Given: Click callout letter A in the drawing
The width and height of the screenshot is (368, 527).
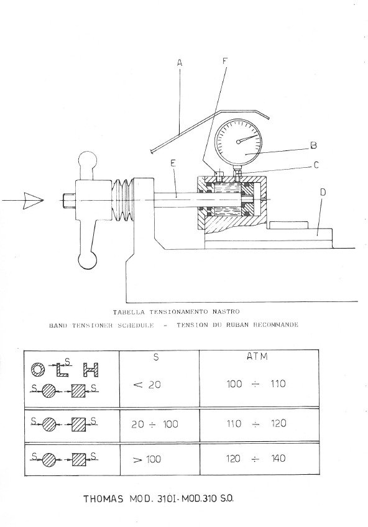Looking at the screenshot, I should click(x=178, y=63).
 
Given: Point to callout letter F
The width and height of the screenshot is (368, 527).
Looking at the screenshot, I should click(x=225, y=61).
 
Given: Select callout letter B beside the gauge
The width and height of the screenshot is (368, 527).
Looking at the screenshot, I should click(x=314, y=146).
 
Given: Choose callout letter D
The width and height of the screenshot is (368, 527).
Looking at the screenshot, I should click(x=321, y=193).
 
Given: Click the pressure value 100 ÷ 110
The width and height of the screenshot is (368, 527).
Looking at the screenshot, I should click(x=256, y=384).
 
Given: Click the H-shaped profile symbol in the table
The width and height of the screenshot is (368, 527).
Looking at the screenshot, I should click(x=91, y=371).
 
